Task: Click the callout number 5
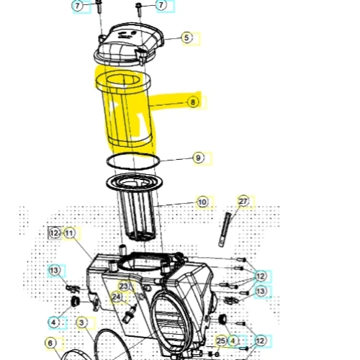[x=186, y=37]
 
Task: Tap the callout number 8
[x=193, y=102]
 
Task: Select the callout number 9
[x=198, y=158]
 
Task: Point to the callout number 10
[x=202, y=202]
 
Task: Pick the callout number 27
[x=243, y=201]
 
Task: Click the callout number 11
[x=69, y=233]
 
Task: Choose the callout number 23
[x=124, y=286]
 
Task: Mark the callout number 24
[x=117, y=297]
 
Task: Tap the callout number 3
[x=81, y=323]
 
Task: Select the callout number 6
[x=50, y=343]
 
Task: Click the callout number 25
[x=221, y=341]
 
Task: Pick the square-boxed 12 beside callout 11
[x=55, y=233]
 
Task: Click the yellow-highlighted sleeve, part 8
[x=127, y=110]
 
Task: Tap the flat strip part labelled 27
[x=225, y=229]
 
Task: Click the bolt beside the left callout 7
[x=99, y=7]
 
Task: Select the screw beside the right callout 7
[x=139, y=10]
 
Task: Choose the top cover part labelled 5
[x=128, y=45]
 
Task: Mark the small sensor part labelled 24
[x=129, y=313]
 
